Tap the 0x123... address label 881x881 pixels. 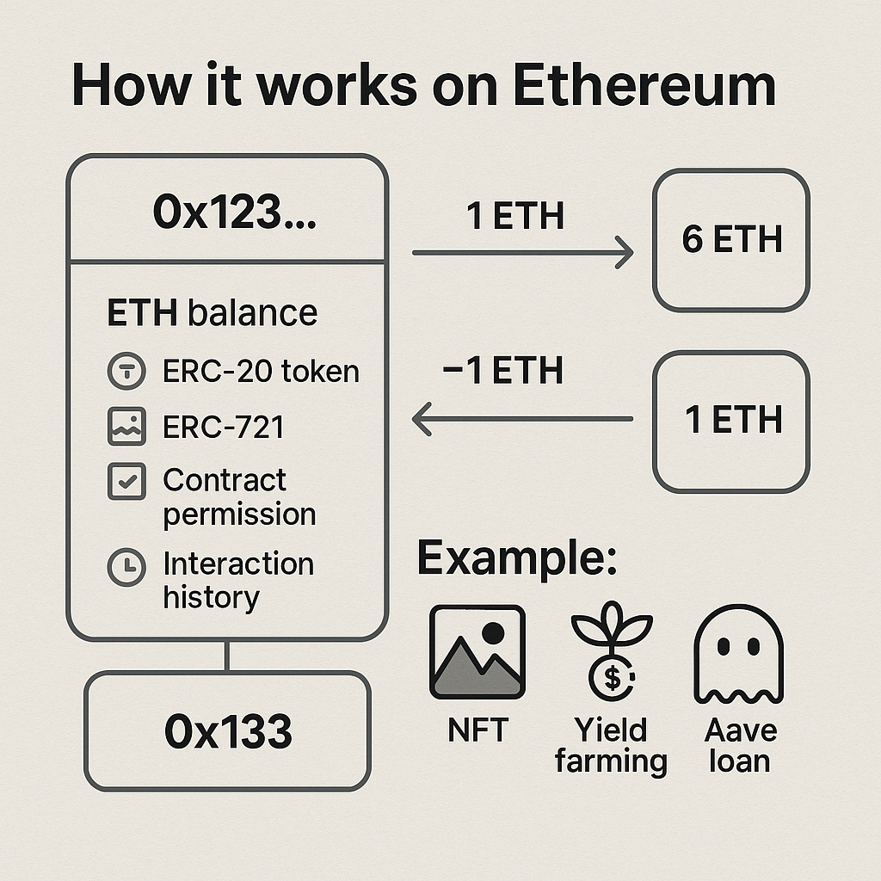tap(234, 211)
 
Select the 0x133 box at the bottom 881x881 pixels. tap(227, 731)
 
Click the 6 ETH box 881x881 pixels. tap(731, 239)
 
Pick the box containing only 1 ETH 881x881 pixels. tap(731, 421)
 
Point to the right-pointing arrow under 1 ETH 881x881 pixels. tap(522, 253)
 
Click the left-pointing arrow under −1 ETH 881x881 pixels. tap(522, 420)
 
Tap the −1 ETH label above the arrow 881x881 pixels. tap(502, 371)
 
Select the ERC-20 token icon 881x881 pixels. tap(126, 373)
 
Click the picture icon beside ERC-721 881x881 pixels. tap(126, 428)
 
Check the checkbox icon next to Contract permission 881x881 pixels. tap(126, 482)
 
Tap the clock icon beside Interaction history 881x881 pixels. tap(126, 566)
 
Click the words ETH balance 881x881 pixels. tap(212, 314)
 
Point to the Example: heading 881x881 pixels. tap(517, 559)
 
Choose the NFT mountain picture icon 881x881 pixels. tap(477, 651)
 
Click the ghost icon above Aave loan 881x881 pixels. tap(739, 654)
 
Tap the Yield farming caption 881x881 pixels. tap(611, 746)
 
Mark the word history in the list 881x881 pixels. tap(211, 597)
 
